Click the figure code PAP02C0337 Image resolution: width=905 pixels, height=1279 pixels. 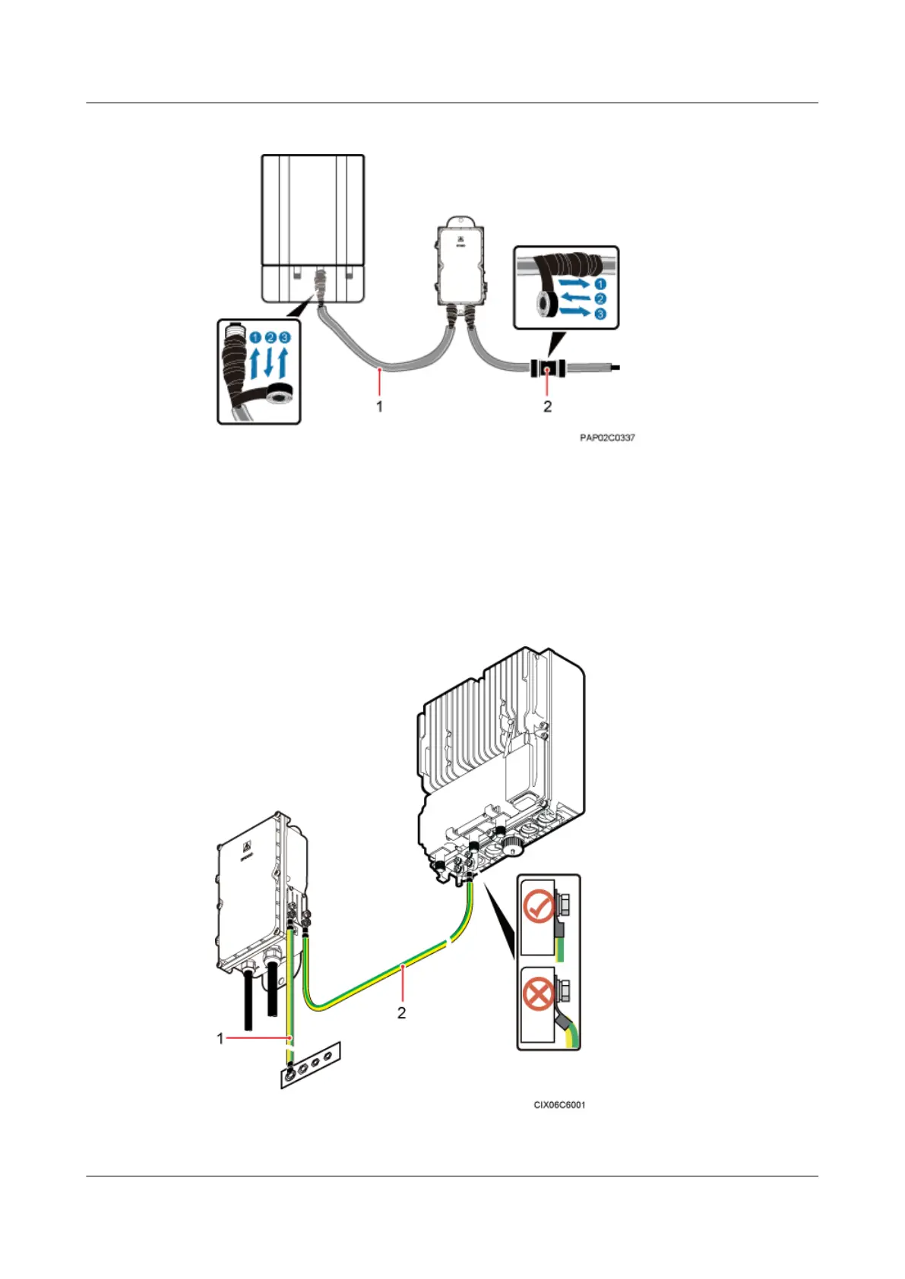(x=607, y=437)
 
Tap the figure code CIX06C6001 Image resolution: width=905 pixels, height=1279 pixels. (x=559, y=1104)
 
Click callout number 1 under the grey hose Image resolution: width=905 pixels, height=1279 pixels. (x=379, y=406)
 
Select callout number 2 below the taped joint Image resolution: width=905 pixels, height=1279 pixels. (x=547, y=406)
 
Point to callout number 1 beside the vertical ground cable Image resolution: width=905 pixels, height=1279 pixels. (x=220, y=1037)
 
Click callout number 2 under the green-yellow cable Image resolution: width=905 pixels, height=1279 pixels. (x=401, y=1012)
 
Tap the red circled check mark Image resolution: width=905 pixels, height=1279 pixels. (x=539, y=907)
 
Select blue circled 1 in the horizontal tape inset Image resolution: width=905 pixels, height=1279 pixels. (x=600, y=284)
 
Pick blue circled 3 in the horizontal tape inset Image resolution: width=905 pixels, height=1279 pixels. (x=600, y=314)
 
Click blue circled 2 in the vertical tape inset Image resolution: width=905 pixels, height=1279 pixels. (x=270, y=337)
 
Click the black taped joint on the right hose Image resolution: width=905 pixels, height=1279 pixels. (x=546, y=370)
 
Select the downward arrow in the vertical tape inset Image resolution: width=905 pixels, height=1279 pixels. (x=269, y=362)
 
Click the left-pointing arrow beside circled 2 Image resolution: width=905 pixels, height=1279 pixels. (x=574, y=298)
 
